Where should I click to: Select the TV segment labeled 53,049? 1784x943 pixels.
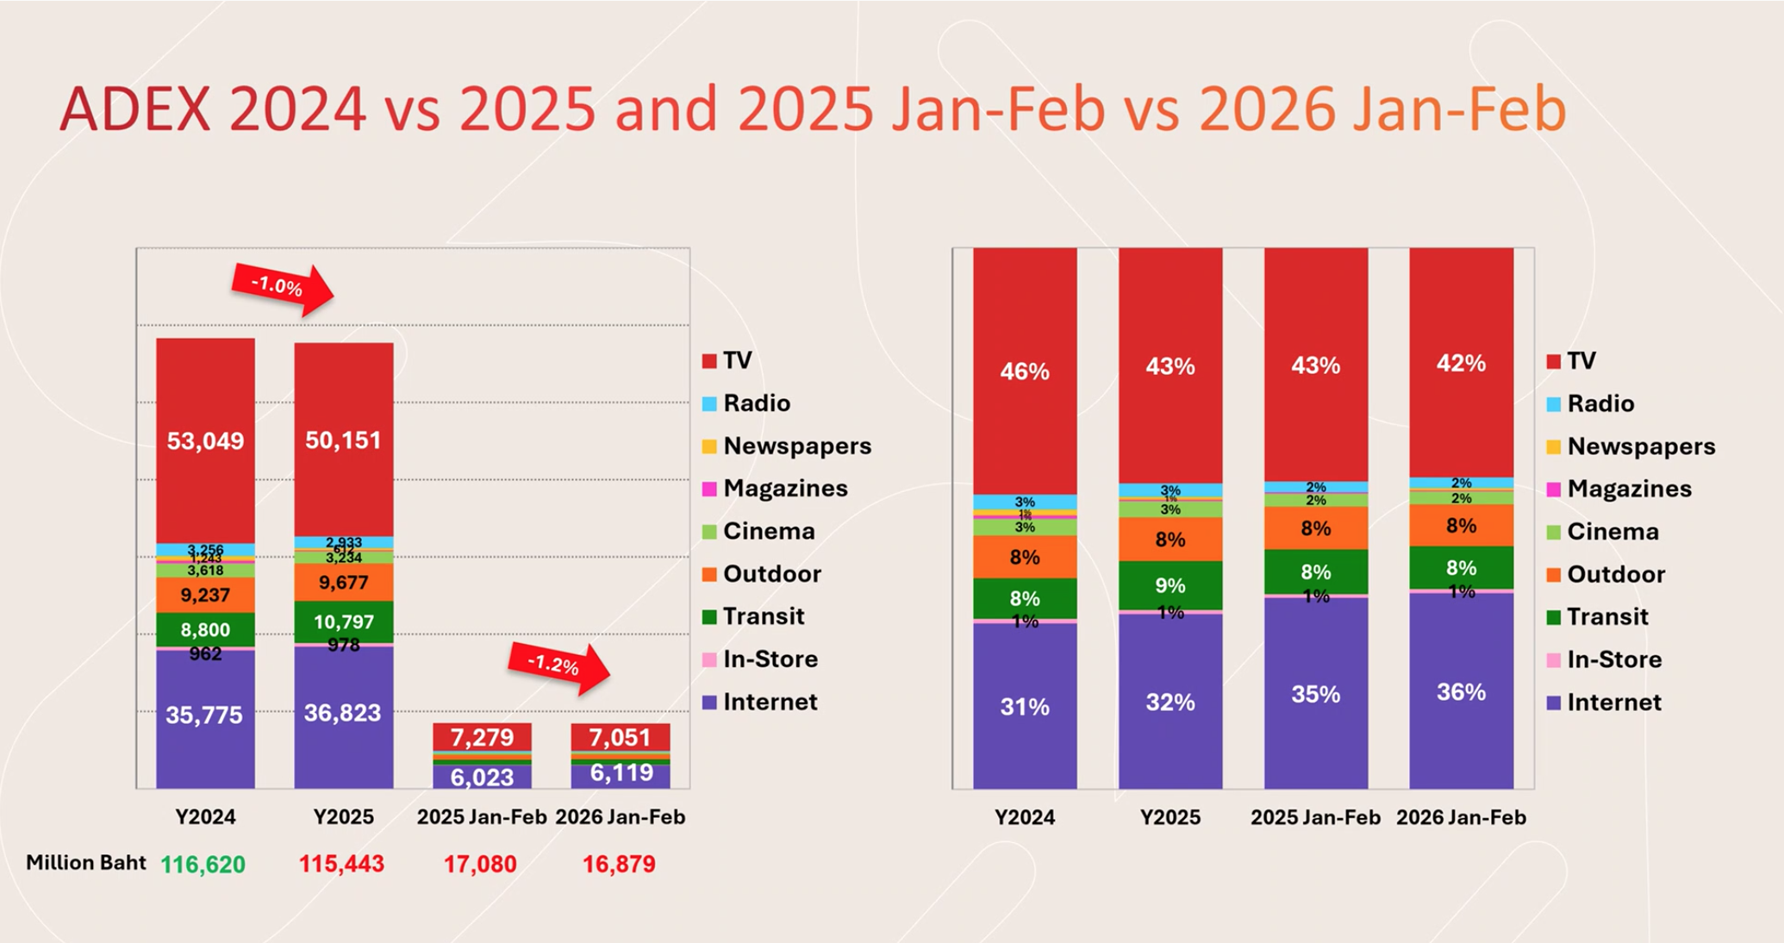point(205,440)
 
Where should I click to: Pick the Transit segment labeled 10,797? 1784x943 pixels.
point(343,621)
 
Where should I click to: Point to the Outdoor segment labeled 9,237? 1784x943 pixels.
point(205,595)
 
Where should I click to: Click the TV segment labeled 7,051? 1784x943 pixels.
point(620,737)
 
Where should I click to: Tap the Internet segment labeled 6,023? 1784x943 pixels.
point(482,777)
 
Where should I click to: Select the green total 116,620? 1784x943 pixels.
point(203,864)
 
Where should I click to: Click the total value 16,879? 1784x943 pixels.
point(619,864)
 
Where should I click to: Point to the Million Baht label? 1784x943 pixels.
point(85,863)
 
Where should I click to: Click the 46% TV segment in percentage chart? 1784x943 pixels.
point(1025,371)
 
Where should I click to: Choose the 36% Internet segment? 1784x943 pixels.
point(1461,691)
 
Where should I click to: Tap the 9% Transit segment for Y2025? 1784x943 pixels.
point(1170,585)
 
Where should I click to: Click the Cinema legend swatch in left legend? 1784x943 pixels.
point(709,532)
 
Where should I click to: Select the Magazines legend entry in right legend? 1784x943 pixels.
point(1629,489)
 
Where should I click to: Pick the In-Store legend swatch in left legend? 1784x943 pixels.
point(709,660)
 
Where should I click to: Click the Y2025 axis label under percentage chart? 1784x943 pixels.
point(1170,817)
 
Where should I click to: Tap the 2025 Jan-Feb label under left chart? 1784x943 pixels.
point(482,817)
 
